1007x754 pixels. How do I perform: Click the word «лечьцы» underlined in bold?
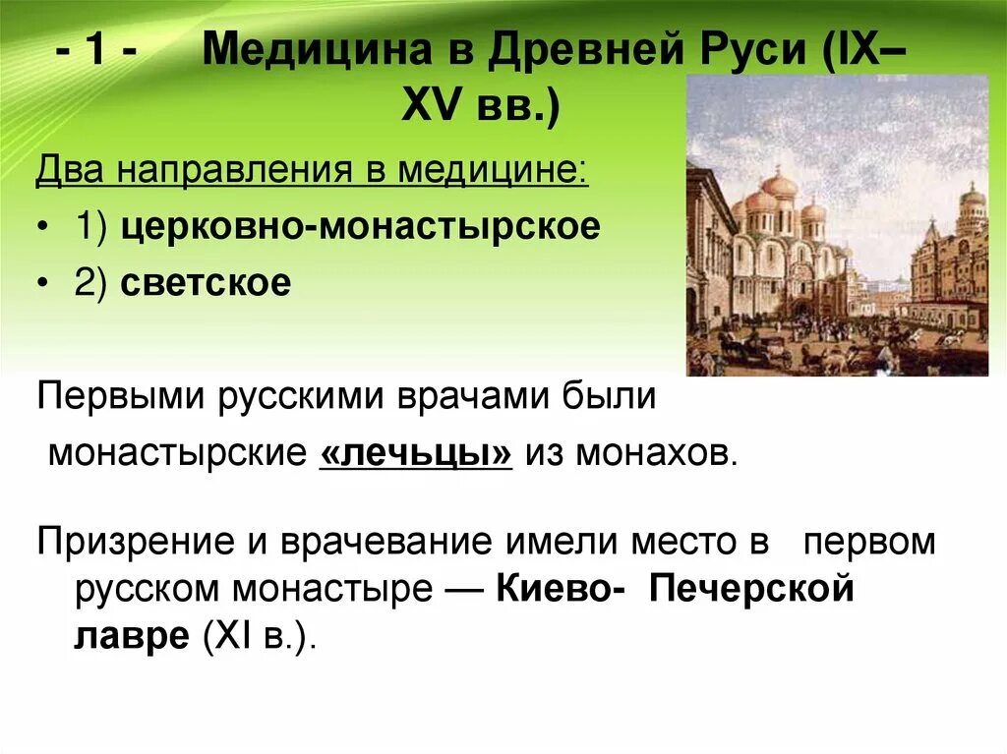coord(416,454)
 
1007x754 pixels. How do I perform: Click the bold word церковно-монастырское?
coord(361,227)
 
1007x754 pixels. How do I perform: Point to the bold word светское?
coord(207,283)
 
